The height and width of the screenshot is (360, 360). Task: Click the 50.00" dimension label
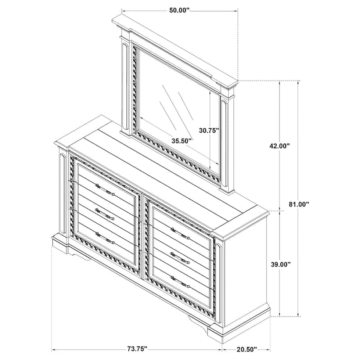179,10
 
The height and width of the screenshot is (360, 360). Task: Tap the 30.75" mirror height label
209,130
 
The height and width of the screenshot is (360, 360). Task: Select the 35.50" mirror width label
182,141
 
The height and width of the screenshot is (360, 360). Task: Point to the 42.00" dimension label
279,146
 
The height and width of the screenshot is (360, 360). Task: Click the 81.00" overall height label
299,204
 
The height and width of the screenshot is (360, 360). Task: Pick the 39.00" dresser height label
280,264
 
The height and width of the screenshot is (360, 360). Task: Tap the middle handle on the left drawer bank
105,214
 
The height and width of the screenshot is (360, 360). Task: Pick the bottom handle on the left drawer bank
105,238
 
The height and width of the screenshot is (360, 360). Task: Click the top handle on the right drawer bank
180,233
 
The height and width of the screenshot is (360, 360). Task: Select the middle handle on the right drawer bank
180,258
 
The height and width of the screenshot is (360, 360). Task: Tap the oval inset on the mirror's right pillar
225,142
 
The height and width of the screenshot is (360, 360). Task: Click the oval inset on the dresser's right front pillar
218,283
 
